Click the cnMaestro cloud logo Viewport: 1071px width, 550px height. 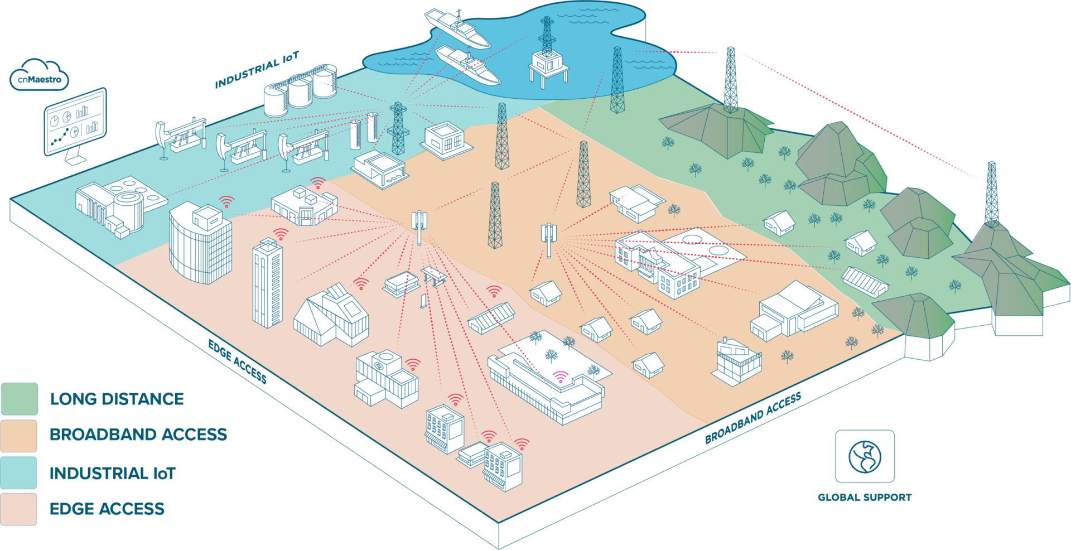click(x=39, y=76)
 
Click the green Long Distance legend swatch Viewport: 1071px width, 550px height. click(x=20, y=398)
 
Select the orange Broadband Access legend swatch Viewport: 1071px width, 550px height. click(x=19, y=435)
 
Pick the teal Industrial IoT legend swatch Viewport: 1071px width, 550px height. click(x=19, y=472)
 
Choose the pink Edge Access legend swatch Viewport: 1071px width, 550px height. click(x=19, y=509)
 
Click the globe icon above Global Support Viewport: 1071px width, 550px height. click(x=864, y=456)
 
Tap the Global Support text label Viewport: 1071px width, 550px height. click(x=864, y=497)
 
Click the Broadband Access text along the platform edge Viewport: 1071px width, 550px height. click(x=752, y=418)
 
